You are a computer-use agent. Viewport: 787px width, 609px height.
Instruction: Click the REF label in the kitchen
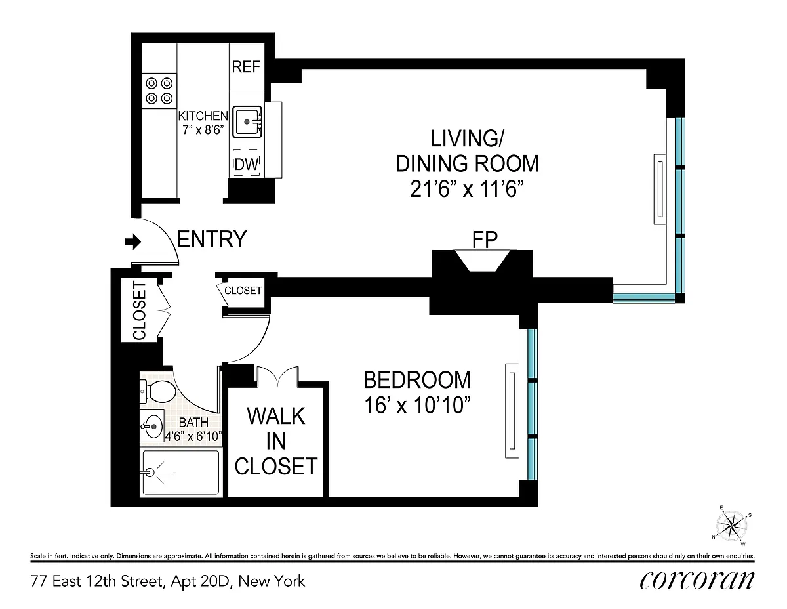(247, 67)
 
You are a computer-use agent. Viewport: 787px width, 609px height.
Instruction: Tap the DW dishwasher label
(247, 165)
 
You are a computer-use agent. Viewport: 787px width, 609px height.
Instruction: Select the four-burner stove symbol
(159, 91)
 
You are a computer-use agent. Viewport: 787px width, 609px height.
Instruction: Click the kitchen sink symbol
(247, 121)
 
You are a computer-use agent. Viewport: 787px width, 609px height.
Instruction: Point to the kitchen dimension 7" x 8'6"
(203, 129)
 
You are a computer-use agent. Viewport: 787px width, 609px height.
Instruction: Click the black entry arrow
(133, 241)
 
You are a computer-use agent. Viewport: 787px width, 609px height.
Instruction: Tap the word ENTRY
(212, 239)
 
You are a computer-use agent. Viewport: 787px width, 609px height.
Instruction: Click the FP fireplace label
(485, 240)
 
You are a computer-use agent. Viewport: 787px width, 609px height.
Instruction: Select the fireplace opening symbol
(483, 261)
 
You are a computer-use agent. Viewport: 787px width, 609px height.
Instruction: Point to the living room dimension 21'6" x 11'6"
(467, 189)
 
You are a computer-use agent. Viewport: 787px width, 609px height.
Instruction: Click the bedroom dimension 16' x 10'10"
(418, 405)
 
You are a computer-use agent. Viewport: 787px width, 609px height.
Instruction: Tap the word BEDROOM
(417, 380)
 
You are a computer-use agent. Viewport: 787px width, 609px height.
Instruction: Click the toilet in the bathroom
(158, 391)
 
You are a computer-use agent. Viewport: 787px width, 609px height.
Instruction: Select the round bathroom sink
(152, 427)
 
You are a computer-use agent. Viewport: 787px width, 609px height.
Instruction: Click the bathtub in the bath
(181, 472)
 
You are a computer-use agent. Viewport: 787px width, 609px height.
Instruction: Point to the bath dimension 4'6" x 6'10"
(193, 436)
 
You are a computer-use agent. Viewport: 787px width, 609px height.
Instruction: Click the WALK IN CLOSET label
(276, 441)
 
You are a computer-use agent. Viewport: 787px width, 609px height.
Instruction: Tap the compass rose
(732, 525)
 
